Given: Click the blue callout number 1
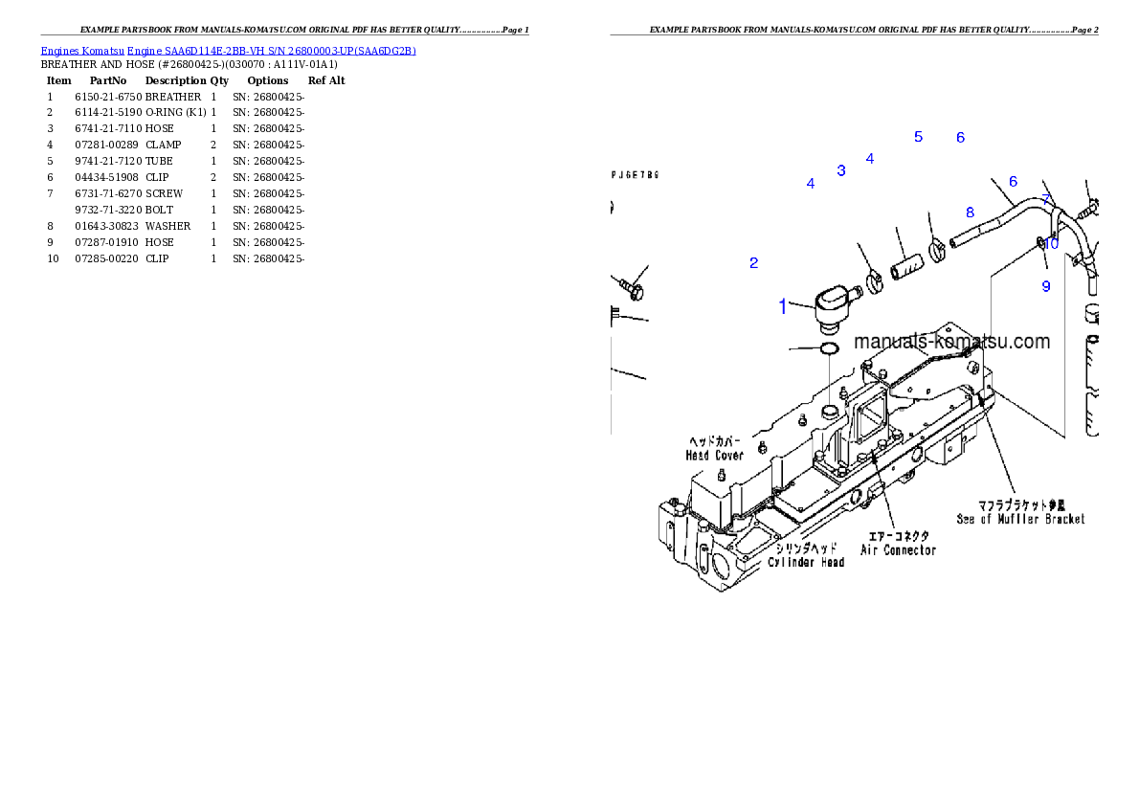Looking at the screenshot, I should point(783,307).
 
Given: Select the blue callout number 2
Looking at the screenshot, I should point(754,263).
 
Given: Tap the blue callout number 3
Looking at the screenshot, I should point(841,171).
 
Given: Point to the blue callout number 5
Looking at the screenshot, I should point(918,137).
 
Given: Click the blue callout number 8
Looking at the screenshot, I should point(970,213).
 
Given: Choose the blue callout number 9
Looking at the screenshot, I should point(1046,286).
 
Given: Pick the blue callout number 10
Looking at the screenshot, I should point(1052,244).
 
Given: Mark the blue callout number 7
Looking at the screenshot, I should point(1047,200).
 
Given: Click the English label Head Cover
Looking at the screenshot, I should point(715,456).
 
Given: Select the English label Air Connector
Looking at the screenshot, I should point(898,550).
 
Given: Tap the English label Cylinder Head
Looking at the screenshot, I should point(806,562).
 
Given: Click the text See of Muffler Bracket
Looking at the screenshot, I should point(1021,519).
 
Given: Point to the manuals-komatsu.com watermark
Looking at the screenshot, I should point(951,342).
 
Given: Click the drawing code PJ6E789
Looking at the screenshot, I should point(636,175).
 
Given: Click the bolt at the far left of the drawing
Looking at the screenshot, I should point(632,285).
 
